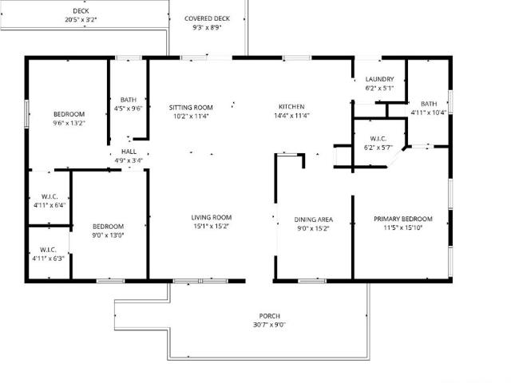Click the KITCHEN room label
[x=291, y=107]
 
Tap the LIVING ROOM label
[x=212, y=218]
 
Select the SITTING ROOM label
[x=191, y=108]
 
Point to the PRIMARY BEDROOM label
[x=403, y=219]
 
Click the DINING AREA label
[x=314, y=220]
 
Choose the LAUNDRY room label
[x=380, y=79]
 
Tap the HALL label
[x=129, y=152]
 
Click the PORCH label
[x=270, y=316]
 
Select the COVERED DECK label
[x=208, y=18]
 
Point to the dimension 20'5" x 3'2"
[x=81, y=20]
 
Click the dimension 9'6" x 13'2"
[x=69, y=123]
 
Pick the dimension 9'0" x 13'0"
[x=109, y=235]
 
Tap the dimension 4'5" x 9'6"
[x=129, y=109]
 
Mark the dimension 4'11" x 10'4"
[x=429, y=113]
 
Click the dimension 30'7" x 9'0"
[x=270, y=325]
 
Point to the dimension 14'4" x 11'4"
[x=291, y=116]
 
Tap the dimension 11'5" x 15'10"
[x=403, y=227]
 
